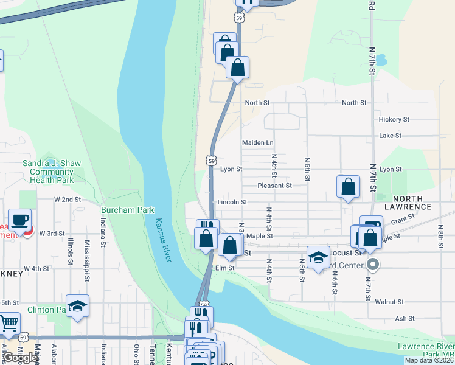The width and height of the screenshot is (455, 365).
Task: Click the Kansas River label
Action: (163, 240)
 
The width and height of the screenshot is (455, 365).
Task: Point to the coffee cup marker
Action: (19, 220)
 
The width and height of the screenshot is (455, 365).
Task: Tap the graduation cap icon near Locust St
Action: (318, 257)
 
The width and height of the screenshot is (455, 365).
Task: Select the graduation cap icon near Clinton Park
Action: (77, 305)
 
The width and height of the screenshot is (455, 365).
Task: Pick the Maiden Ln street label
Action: (258, 142)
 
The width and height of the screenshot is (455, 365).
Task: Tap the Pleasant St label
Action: (274, 186)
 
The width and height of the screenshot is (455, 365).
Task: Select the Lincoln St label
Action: (232, 202)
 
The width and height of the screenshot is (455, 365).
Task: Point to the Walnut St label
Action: (389, 302)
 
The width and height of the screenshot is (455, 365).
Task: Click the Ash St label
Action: (405, 318)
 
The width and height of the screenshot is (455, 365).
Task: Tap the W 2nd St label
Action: (68, 200)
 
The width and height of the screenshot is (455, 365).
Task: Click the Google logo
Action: (20, 358)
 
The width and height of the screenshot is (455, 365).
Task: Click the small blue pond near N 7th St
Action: (381, 60)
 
